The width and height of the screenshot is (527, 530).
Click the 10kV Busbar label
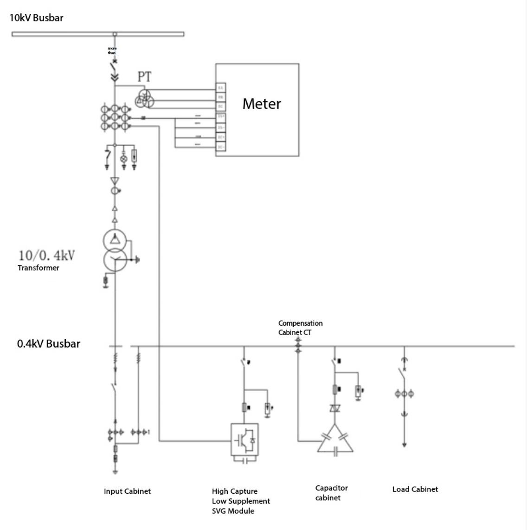[x=36, y=18]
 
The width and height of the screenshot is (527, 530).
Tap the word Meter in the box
[x=262, y=103]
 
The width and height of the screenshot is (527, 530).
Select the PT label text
[x=144, y=77]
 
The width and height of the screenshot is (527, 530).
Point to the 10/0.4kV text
[x=46, y=255]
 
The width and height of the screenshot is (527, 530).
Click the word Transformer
[x=39, y=268]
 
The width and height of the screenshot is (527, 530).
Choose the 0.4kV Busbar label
[x=49, y=344]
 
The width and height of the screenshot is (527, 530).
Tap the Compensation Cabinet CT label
[x=300, y=328]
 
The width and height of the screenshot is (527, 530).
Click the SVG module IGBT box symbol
[x=245, y=439]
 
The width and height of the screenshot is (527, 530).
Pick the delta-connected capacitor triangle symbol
[x=335, y=440]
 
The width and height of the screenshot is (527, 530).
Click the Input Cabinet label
[x=127, y=491]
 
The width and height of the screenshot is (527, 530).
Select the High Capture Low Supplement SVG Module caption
[x=241, y=501]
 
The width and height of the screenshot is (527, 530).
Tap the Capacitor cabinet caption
[x=331, y=493]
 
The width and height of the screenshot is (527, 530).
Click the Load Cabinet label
[x=415, y=489]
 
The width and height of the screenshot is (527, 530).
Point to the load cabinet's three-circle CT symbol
[x=404, y=394]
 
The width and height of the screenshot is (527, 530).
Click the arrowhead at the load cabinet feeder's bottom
[x=404, y=445]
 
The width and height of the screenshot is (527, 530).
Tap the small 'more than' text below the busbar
[x=112, y=51]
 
